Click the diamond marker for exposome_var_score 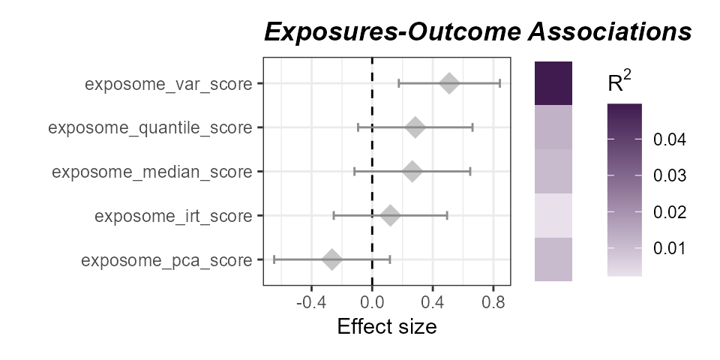[x=449, y=83]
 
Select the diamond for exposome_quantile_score [x=415, y=127]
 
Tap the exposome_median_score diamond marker [x=412, y=172]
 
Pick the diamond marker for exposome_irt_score [x=390, y=216]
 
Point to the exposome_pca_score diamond [x=332, y=260]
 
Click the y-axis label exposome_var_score [x=168, y=83]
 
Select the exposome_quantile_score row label [x=150, y=127]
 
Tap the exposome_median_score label [x=151, y=172]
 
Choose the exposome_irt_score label [x=173, y=216]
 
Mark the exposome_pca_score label [x=166, y=260]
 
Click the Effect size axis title [x=386, y=327]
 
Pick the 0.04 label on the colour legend [x=668, y=139]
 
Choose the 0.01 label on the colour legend [x=668, y=248]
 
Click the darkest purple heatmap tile [x=553, y=83]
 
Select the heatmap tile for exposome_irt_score [x=553, y=216]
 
